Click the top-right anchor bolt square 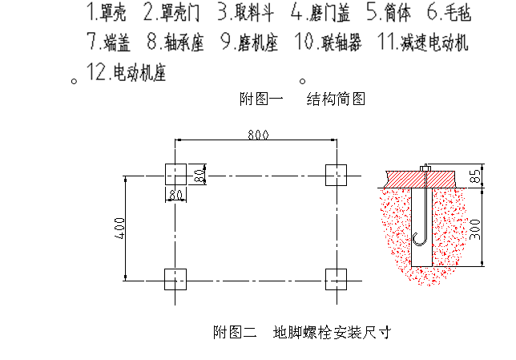tap(336, 174)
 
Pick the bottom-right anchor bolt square tap(336, 279)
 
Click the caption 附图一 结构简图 tap(302, 99)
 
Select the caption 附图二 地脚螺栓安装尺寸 tap(301, 331)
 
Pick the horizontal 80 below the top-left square tap(175, 194)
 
